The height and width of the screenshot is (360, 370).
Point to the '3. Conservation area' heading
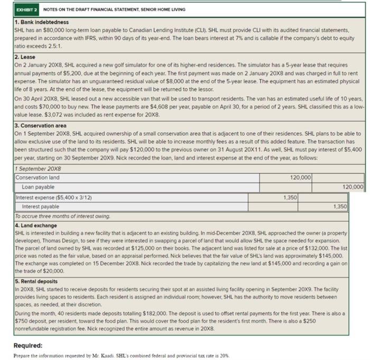(40, 125)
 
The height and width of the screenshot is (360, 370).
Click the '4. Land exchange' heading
(35, 225)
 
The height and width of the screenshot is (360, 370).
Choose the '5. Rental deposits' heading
(36, 281)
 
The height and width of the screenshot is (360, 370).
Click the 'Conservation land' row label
(38, 178)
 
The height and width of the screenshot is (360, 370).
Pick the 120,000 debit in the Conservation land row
(301, 178)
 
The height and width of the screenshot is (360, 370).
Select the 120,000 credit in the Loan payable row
(354, 187)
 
